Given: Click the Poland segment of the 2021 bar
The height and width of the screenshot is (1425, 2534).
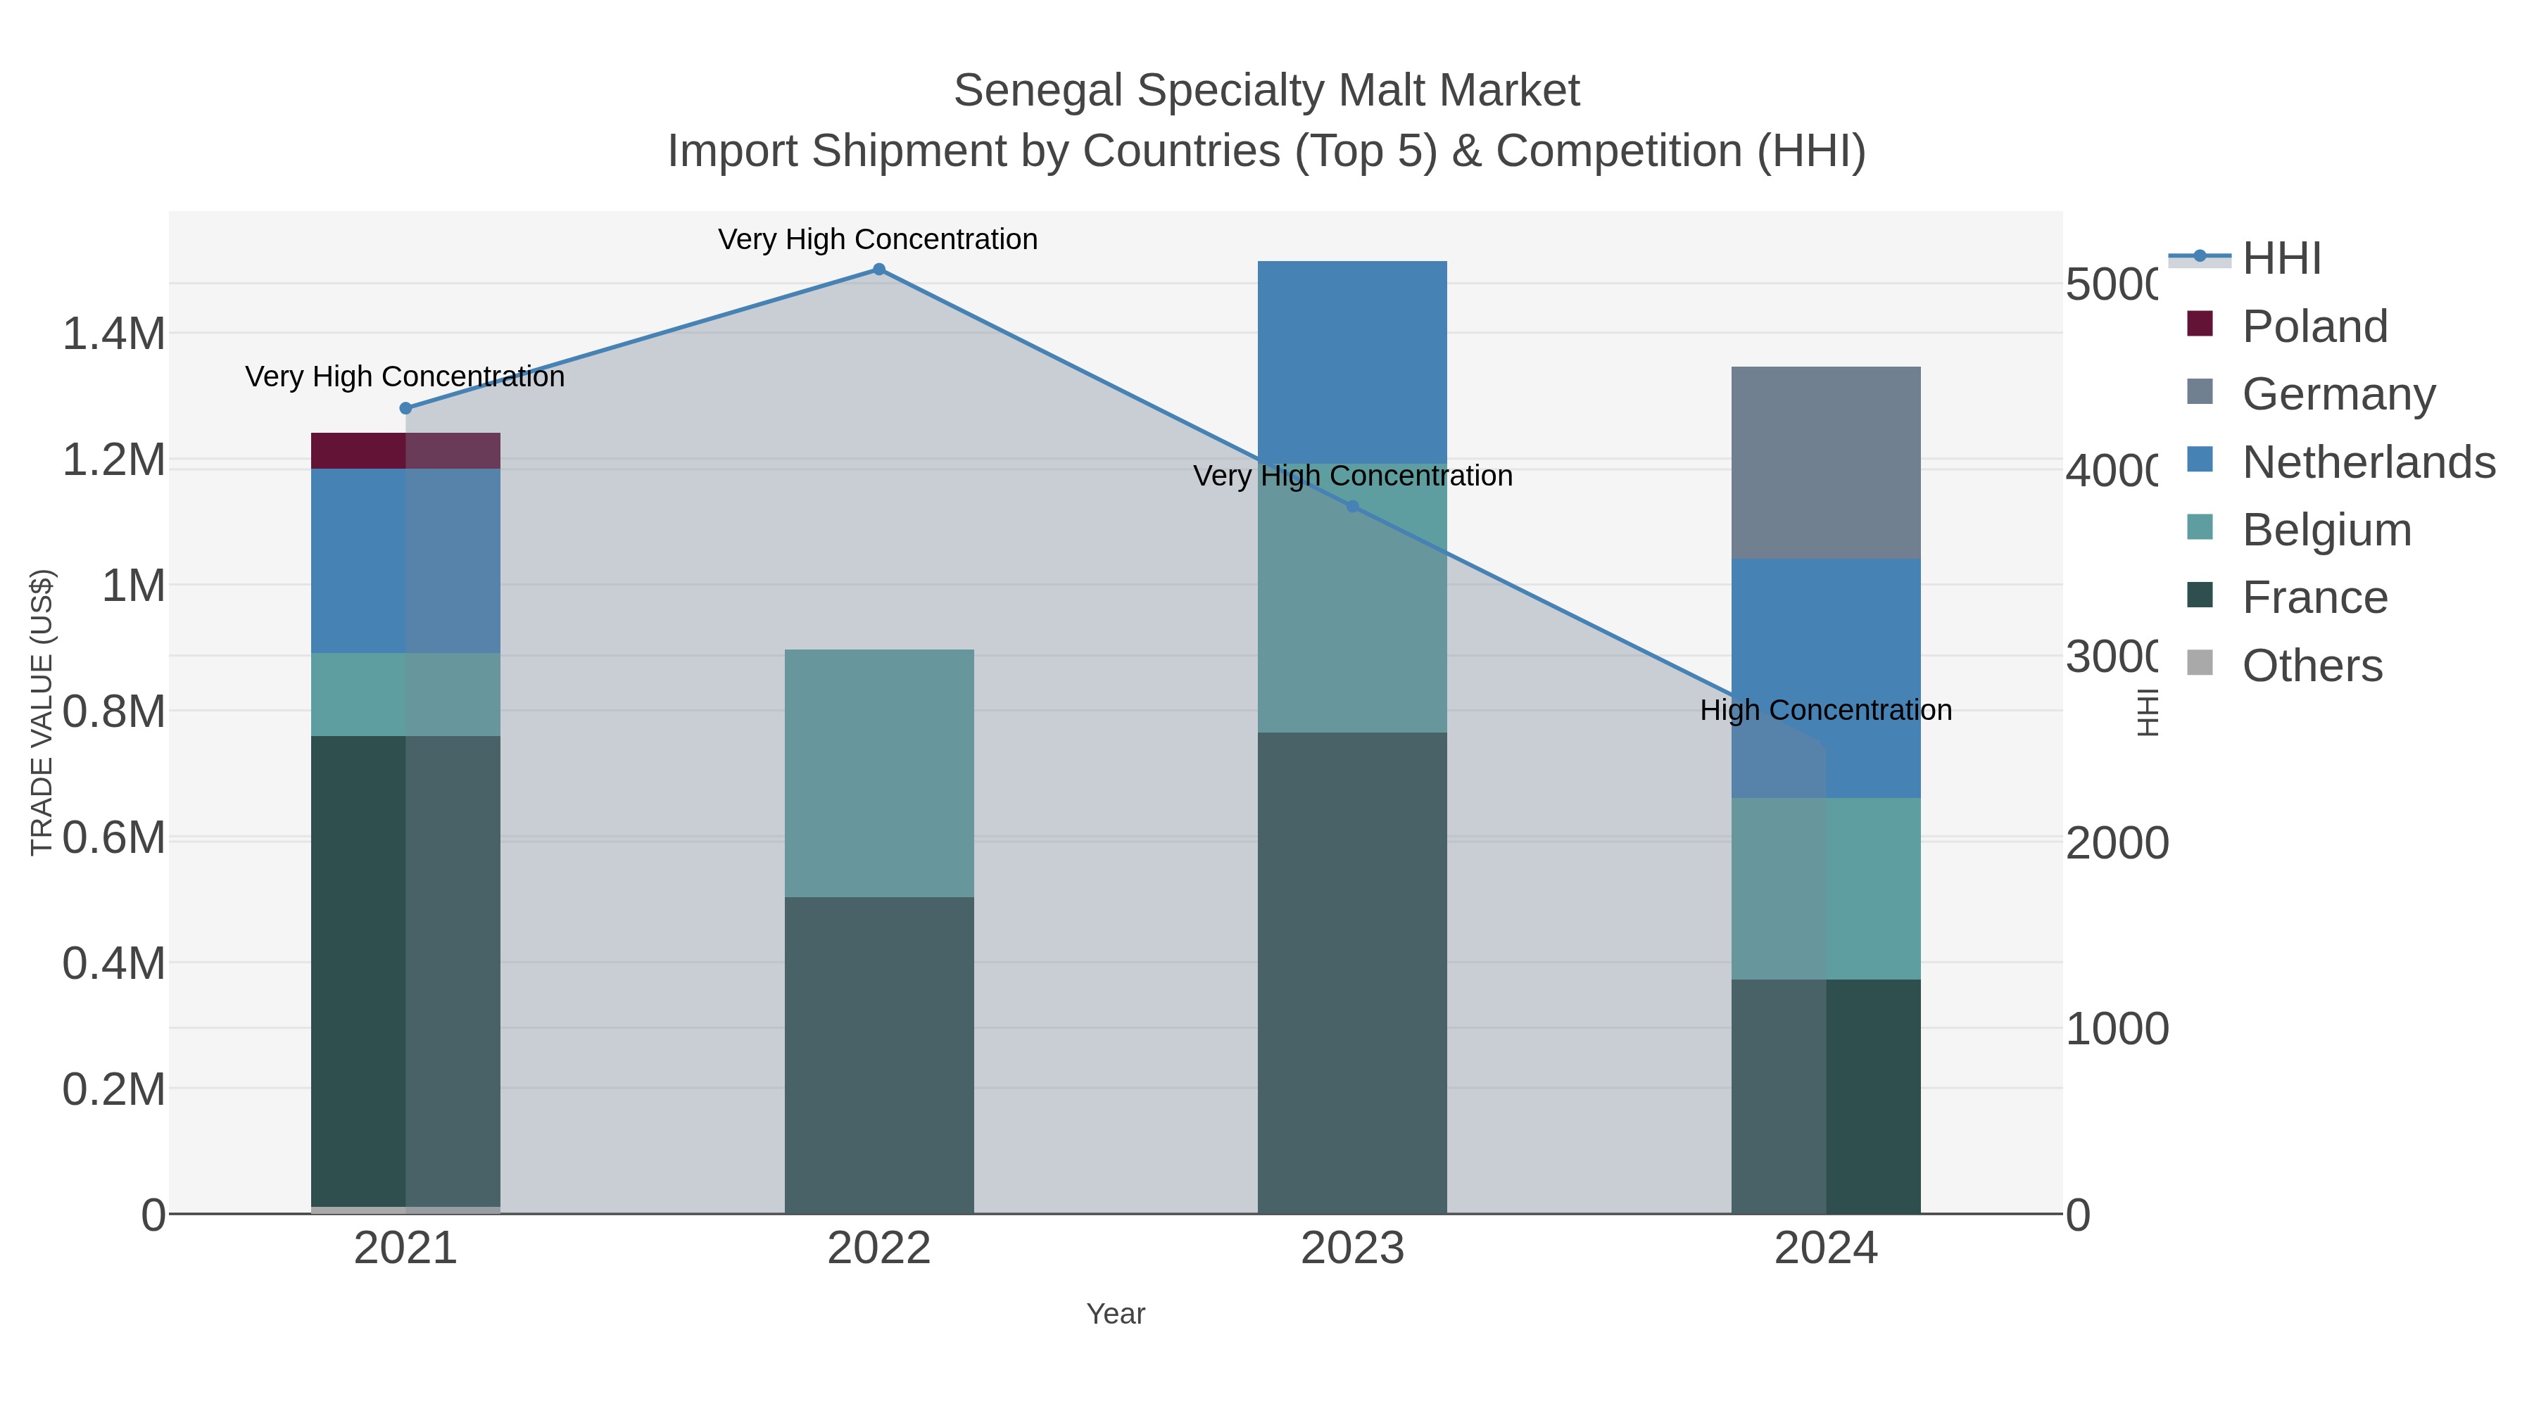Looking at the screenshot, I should click(x=405, y=450).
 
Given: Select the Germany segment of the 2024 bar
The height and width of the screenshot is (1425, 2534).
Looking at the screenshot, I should click(x=1826, y=462).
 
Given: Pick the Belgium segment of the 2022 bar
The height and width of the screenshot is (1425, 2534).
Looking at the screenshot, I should click(x=878, y=773).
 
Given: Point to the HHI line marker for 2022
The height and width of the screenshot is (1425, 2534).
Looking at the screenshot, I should click(x=878, y=270).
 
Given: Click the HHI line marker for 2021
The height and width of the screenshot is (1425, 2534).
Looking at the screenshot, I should click(x=405, y=408).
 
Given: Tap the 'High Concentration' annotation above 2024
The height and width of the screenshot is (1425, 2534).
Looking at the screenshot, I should click(x=1826, y=710).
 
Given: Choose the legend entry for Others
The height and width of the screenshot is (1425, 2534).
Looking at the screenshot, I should click(x=2312, y=666).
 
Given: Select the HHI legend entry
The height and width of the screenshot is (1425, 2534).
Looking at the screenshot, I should click(x=2281, y=259).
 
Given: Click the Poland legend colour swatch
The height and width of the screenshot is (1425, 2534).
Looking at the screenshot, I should click(x=2200, y=324).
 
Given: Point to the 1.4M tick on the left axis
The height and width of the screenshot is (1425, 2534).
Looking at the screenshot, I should click(x=114, y=334).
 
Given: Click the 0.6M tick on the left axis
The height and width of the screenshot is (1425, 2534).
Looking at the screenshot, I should click(x=114, y=839).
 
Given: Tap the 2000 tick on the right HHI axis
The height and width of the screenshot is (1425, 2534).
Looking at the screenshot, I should click(x=2116, y=844).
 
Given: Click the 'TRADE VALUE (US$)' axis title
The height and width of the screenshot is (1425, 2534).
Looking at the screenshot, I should click(x=42, y=712).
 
